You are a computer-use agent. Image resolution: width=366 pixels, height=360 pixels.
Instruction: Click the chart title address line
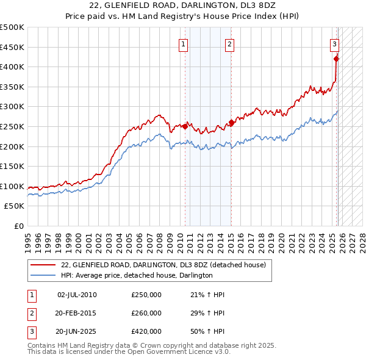tap(182, 5)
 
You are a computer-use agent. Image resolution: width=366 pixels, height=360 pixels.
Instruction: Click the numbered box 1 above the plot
tap(184, 43)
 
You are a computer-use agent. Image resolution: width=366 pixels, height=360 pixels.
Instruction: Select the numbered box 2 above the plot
tap(229, 43)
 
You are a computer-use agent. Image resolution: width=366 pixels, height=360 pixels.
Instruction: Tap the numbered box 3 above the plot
tap(335, 43)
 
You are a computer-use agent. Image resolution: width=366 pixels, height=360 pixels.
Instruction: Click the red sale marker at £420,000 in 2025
tap(336, 59)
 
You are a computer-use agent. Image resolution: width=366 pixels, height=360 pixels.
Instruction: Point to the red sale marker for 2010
tap(185, 126)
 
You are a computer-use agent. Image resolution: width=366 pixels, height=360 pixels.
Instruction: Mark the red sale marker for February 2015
tap(231, 123)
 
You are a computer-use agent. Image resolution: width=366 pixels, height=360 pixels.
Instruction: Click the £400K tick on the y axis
tap(13, 67)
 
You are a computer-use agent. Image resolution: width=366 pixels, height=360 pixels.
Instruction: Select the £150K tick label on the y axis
tap(13, 166)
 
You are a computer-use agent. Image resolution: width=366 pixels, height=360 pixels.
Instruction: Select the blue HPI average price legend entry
tap(136, 276)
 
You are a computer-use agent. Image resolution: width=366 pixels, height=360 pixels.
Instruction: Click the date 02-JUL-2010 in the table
tap(76, 295)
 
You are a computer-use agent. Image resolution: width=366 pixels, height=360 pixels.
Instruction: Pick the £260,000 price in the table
tap(146, 313)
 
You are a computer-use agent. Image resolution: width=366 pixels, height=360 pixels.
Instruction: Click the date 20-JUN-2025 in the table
tap(76, 331)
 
